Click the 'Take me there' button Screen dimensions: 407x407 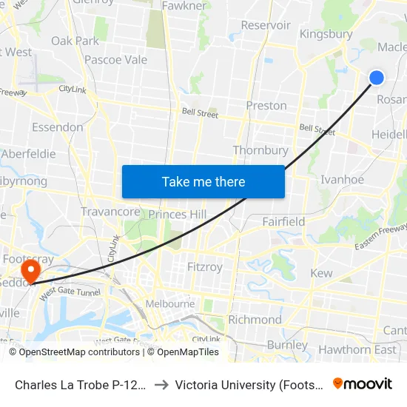pos(203,181)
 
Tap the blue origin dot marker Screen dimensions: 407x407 pos(377,78)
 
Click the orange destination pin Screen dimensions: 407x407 pos(31,269)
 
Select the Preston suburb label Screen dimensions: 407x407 pos(266,105)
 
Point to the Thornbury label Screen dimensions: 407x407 pos(260,150)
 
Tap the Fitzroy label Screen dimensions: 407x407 pos(205,266)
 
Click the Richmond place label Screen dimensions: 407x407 pos(255,320)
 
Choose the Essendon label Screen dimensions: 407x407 pos(58,127)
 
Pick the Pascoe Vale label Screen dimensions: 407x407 pos(115,60)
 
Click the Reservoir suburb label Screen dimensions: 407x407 pos(266,25)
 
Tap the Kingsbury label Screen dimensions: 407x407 pos(326,34)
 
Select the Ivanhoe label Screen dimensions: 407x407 pos(342,179)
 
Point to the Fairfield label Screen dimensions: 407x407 pos(283,221)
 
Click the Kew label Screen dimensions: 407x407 pos(322,273)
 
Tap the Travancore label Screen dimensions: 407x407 pos(110,212)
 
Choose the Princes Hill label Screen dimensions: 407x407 pos(178,214)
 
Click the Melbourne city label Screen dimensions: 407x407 pos(169,303)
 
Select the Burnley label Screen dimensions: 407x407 pos(287,345)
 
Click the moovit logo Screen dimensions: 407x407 pos(363,383)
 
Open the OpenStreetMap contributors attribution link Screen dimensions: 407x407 pos(79,352)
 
